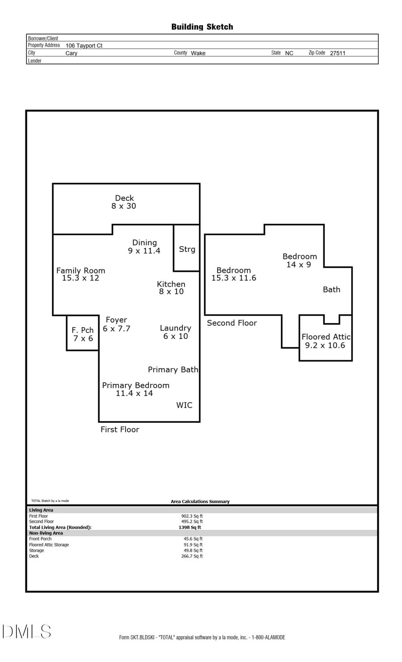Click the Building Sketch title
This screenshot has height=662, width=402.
(x=202, y=27)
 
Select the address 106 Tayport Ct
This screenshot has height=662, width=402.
(x=84, y=46)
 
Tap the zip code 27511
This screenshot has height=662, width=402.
(x=337, y=53)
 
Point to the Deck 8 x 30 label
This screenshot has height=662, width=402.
(x=124, y=202)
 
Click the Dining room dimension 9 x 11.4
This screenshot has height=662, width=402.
(x=144, y=251)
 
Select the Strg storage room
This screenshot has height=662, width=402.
(x=187, y=249)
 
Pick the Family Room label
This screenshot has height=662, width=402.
(x=81, y=271)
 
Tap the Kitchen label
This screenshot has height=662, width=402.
(x=171, y=284)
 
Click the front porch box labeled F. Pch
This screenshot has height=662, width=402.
(x=83, y=333)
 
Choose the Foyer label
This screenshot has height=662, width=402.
(x=116, y=320)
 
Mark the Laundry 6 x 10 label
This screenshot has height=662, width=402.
(x=176, y=332)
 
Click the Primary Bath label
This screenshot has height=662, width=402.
(x=173, y=370)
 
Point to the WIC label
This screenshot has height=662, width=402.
(x=184, y=405)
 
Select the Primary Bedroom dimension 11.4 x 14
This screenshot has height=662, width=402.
(x=134, y=393)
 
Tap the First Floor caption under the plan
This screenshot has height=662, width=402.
(x=120, y=429)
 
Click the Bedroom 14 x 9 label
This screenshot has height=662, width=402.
(x=299, y=260)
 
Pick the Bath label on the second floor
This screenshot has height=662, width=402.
(x=331, y=290)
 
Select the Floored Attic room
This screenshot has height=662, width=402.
(x=326, y=341)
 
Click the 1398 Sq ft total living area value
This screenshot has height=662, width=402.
(x=190, y=527)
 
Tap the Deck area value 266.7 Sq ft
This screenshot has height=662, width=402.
(x=192, y=556)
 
